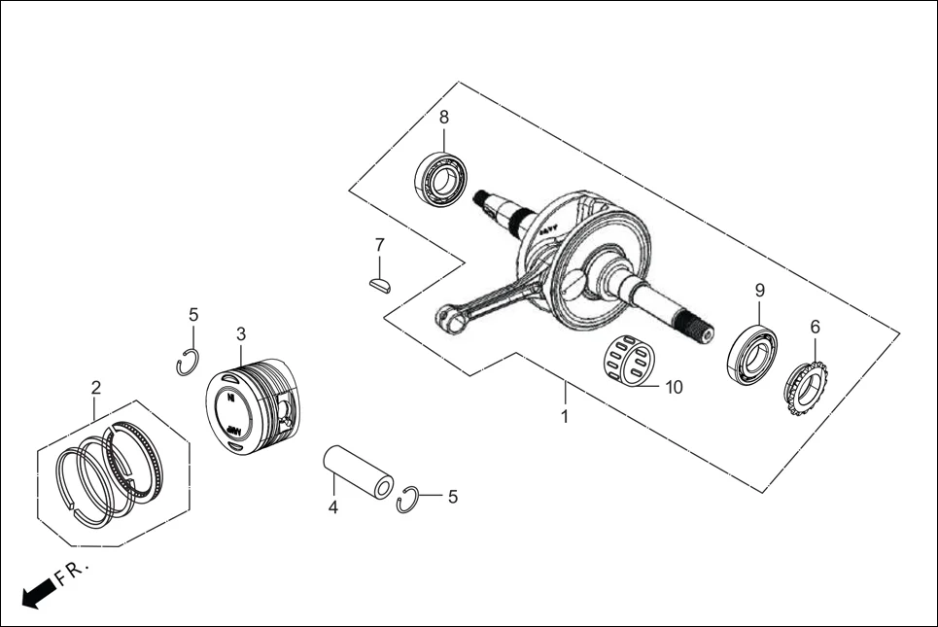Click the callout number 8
click(444, 118)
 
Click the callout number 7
click(380, 244)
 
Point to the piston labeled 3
click(251, 406)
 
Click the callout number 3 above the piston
click(241, 334)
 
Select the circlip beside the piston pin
click(409, 499)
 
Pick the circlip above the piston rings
click(189, 362)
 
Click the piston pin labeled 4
click(358, 470)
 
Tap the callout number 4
click(332, 507)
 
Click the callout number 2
click(95, 388)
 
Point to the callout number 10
click(674, 387)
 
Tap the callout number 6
click(815, 328)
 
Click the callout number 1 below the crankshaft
click(565, 417)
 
